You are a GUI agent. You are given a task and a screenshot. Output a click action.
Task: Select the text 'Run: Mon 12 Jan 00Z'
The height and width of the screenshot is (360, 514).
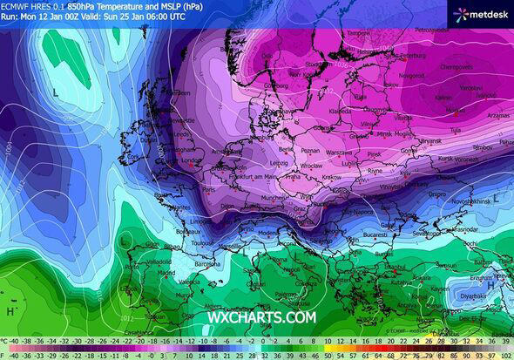(x=35, y=17)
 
